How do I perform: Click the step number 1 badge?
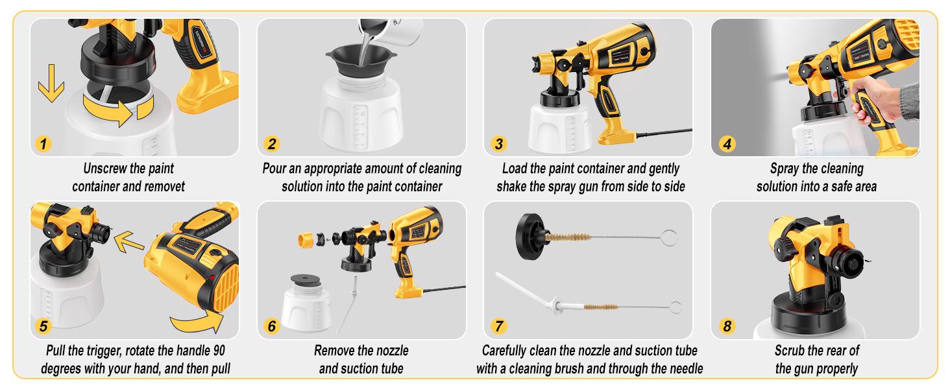43,144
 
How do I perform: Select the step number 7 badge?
498,326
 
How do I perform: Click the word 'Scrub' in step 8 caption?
791,351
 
